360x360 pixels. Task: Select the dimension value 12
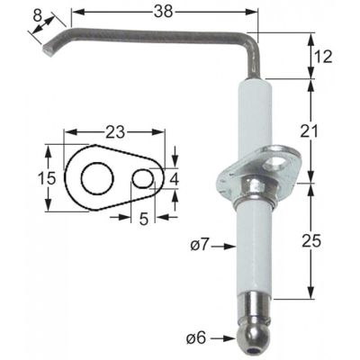(x=325, y=57)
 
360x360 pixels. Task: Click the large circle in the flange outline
(x=93, y=176)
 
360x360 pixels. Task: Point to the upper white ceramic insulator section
(x=252, y=121)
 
